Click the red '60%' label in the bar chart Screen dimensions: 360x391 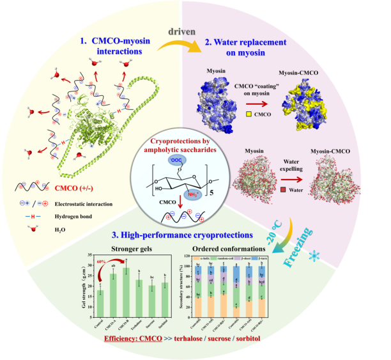(x=100, y=263)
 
